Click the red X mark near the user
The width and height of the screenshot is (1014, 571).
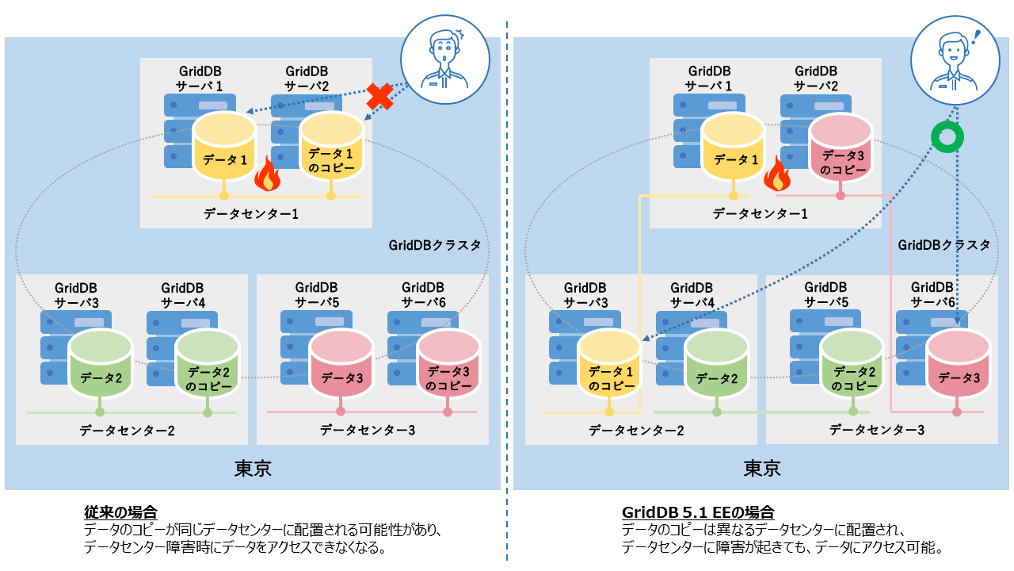[x=379, y=97]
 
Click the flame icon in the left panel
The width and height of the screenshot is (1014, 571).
[x=267, y=174]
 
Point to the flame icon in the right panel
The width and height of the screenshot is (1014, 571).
[x=777, y=174]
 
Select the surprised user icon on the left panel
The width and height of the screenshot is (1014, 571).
[x=445, y=59]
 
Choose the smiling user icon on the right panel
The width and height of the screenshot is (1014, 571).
[x=955, y=60]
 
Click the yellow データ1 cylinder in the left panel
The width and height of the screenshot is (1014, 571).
[x=224, y=147]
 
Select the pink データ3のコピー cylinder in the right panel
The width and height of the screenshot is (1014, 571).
[x=841, y=148]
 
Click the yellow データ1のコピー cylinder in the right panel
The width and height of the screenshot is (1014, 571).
[x=609, y=364]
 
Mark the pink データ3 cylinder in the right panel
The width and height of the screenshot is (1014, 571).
[x=958, y=364]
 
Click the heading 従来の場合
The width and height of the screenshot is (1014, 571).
[x=120, y=512]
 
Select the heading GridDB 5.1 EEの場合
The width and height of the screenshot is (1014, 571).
[x=698, y=512]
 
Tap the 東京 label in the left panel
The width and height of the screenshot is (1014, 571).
[x=253, y=469]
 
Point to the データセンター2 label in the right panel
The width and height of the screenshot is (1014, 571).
[x=636, y=430]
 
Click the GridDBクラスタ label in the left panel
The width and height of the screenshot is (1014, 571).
[x=435, y=245]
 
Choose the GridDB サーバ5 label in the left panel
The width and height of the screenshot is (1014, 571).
[x=316, y=294]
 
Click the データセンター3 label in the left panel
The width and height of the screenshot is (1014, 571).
[x=368, y=430]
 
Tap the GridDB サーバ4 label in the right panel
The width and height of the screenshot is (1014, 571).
[x=692, y=295]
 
